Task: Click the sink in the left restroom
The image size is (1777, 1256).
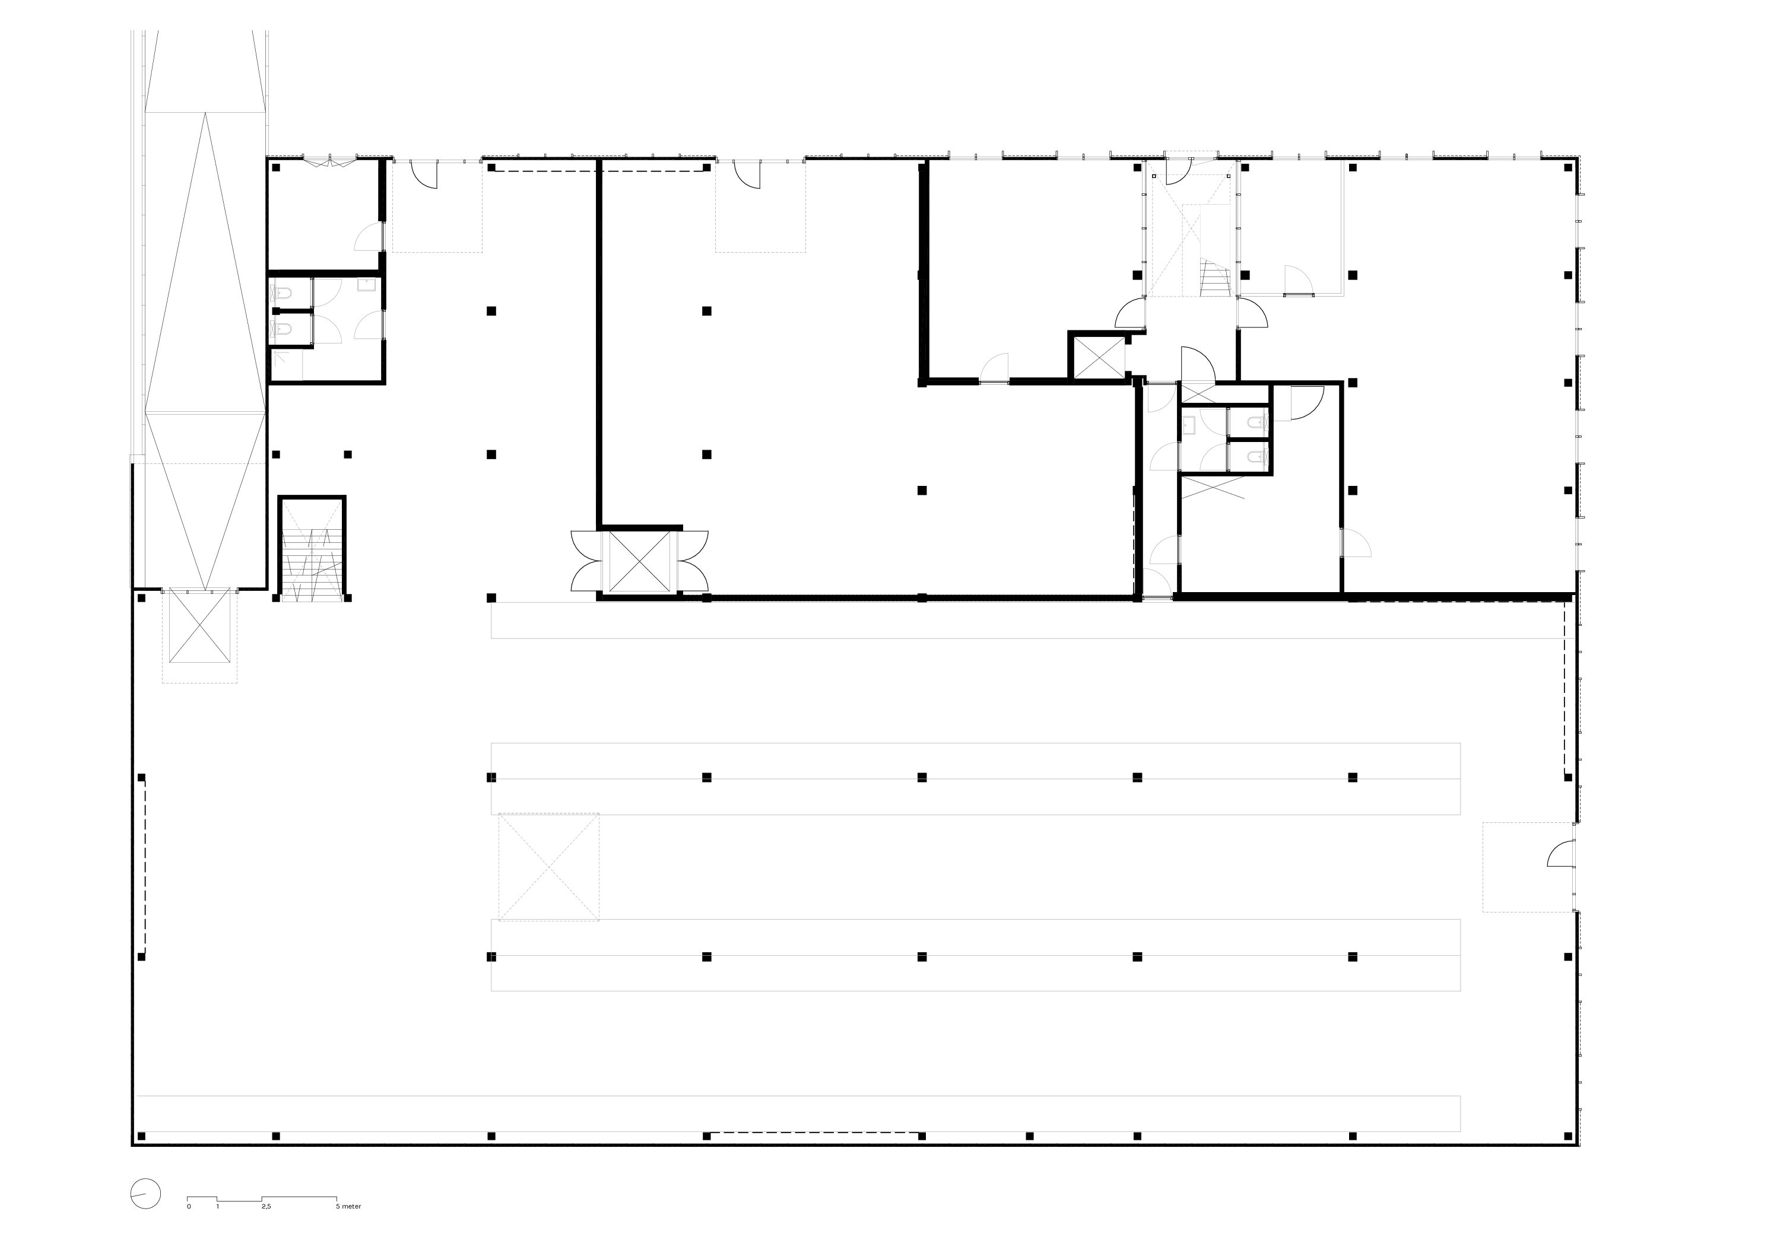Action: (366, 285)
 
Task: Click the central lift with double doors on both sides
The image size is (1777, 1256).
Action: (639, 561)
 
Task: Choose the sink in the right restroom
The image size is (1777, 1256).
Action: (1189, 425)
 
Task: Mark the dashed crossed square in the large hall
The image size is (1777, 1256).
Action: (549, 867)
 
